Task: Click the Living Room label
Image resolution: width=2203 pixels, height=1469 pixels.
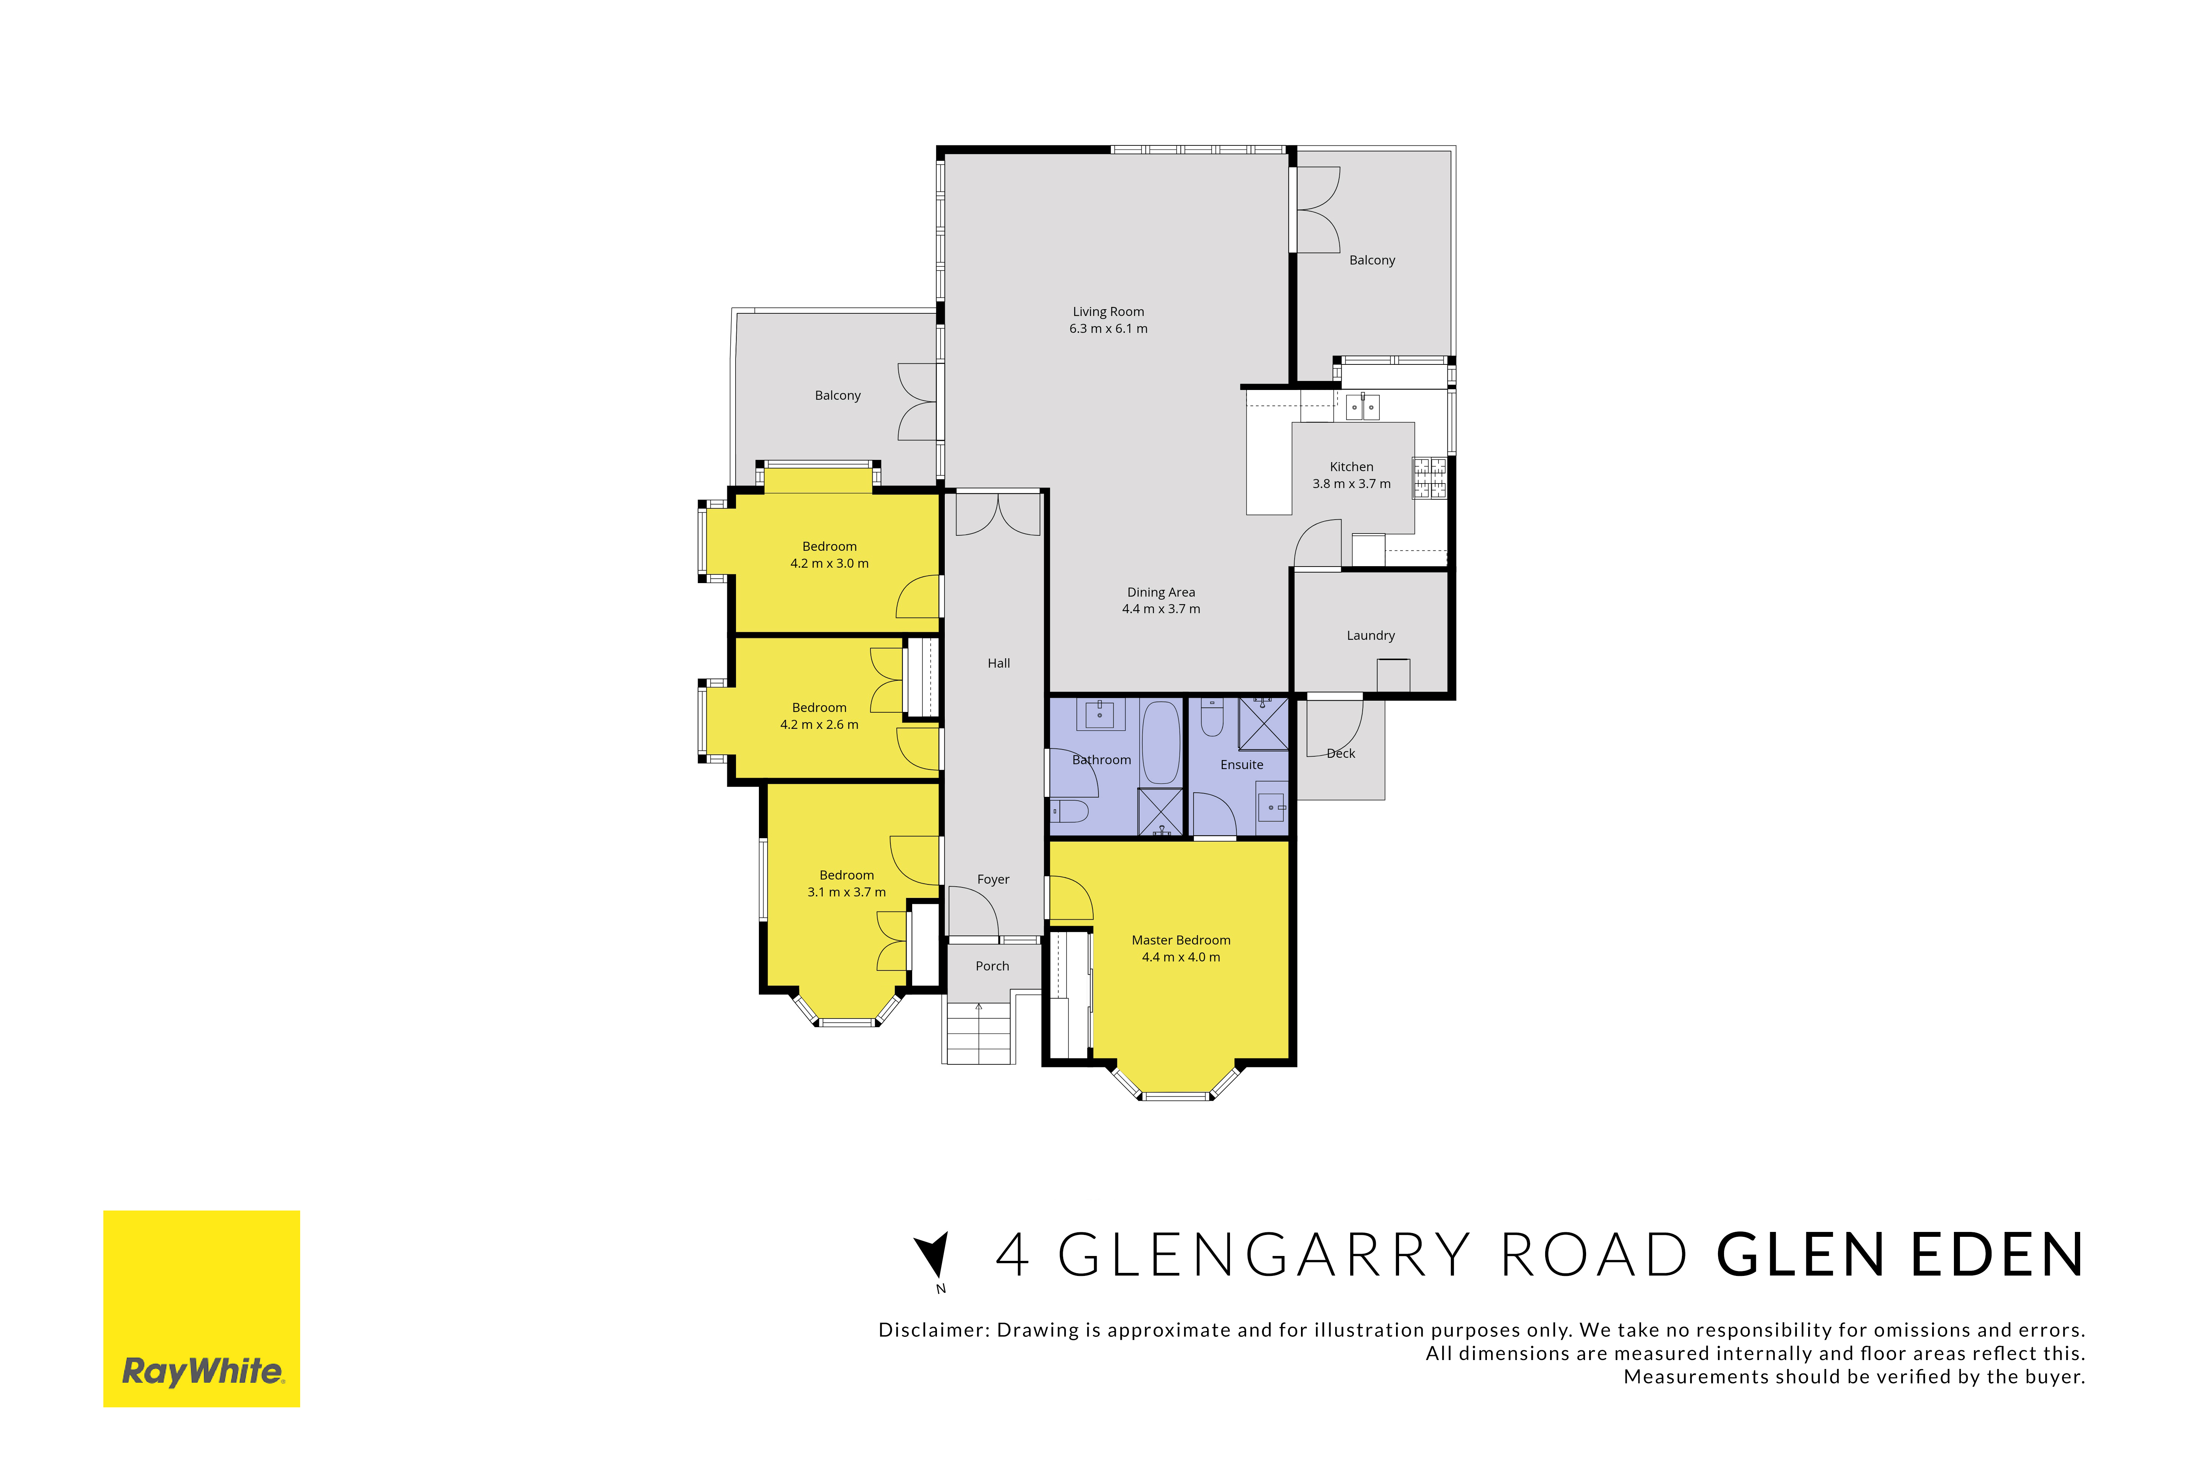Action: (1108, 312)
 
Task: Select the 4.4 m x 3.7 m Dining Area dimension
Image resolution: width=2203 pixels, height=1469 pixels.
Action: (1162, 609)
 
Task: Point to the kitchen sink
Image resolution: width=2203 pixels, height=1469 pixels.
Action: (1363, 407)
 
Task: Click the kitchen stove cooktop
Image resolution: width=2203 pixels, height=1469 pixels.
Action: (1429, 478)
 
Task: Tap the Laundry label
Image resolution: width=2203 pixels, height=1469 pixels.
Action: (1370, 635)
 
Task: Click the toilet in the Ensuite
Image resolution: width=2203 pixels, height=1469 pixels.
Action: (1212, 717)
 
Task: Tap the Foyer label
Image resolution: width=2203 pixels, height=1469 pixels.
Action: (993, 880)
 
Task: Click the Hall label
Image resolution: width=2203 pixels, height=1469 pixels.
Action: (999, 663)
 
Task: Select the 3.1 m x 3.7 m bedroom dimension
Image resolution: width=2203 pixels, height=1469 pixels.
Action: (847, 892)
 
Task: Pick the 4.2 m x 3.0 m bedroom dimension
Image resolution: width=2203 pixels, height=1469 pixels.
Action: (829, 563)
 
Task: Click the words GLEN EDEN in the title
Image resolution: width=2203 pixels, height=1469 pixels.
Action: (1901, 1255)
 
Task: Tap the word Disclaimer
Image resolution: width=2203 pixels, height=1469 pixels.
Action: (933, 1330)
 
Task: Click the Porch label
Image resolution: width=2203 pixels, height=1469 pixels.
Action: (992, 966)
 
